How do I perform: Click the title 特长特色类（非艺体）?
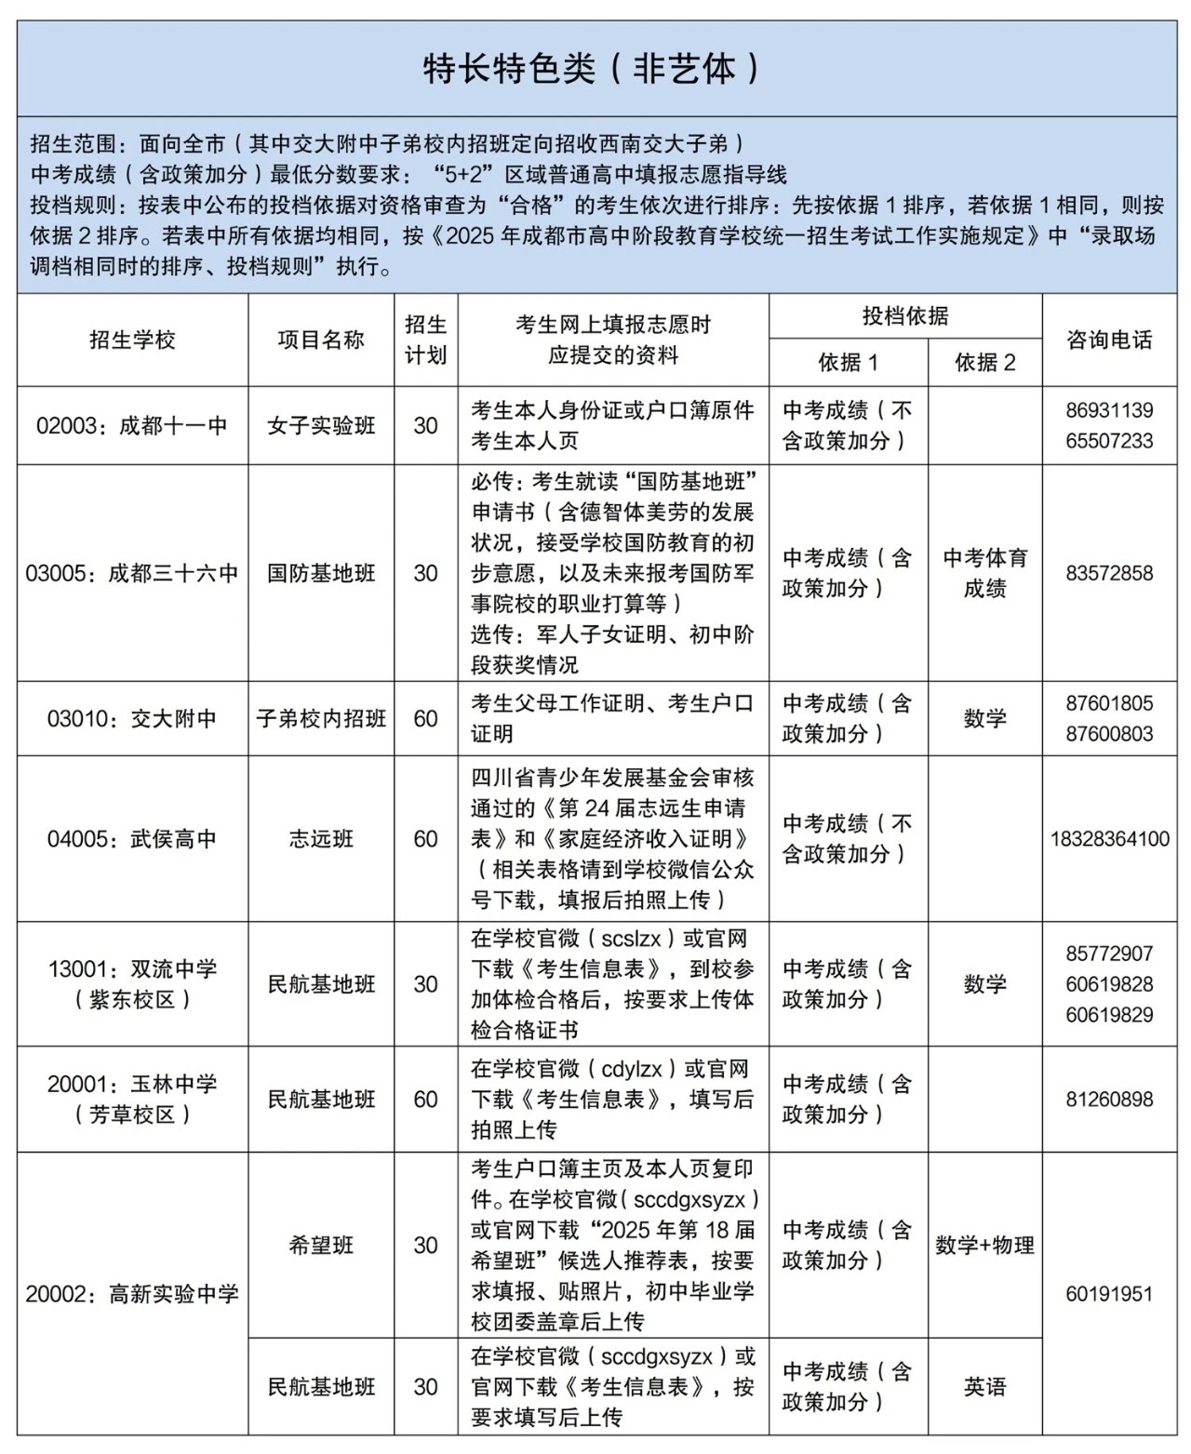click(x=595, y=68)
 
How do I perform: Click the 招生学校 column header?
click(x=132, y=340)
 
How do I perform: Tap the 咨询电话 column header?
click(x=1109, y=340)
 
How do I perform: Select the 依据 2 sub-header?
click(x=984, y=362)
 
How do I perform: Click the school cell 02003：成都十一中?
click(x=132, y=425)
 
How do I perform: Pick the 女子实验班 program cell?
click(x=321, y=425)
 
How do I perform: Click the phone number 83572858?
click(x=1109, y=573)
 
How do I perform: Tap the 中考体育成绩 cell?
click(x=984, y=573)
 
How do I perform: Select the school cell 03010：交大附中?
click(x=132, y=718)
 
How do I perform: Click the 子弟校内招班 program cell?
click(x=321, y=718)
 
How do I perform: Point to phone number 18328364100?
click(x=1109, y=838)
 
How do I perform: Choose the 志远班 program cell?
click(x=321, y=838)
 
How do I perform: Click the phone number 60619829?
click(x=1109, y=1015)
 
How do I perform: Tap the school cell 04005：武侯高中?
click(x=132, y=838)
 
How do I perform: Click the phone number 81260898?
click(x=1109, y=1099)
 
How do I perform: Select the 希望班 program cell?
click(x=321, y=1245)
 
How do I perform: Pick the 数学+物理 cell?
click(x=984, y=1245)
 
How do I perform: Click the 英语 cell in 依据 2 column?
click(x=984, y=1386)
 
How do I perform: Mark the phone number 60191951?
click(x=1109, y=1293)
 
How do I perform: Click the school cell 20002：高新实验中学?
click(x=132, y=1293)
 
